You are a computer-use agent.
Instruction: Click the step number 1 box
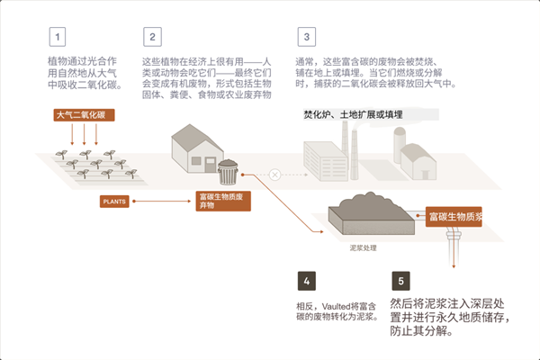(59, 37)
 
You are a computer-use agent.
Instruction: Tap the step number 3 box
(307, 37)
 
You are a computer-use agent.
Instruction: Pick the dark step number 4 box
(307, 281)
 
